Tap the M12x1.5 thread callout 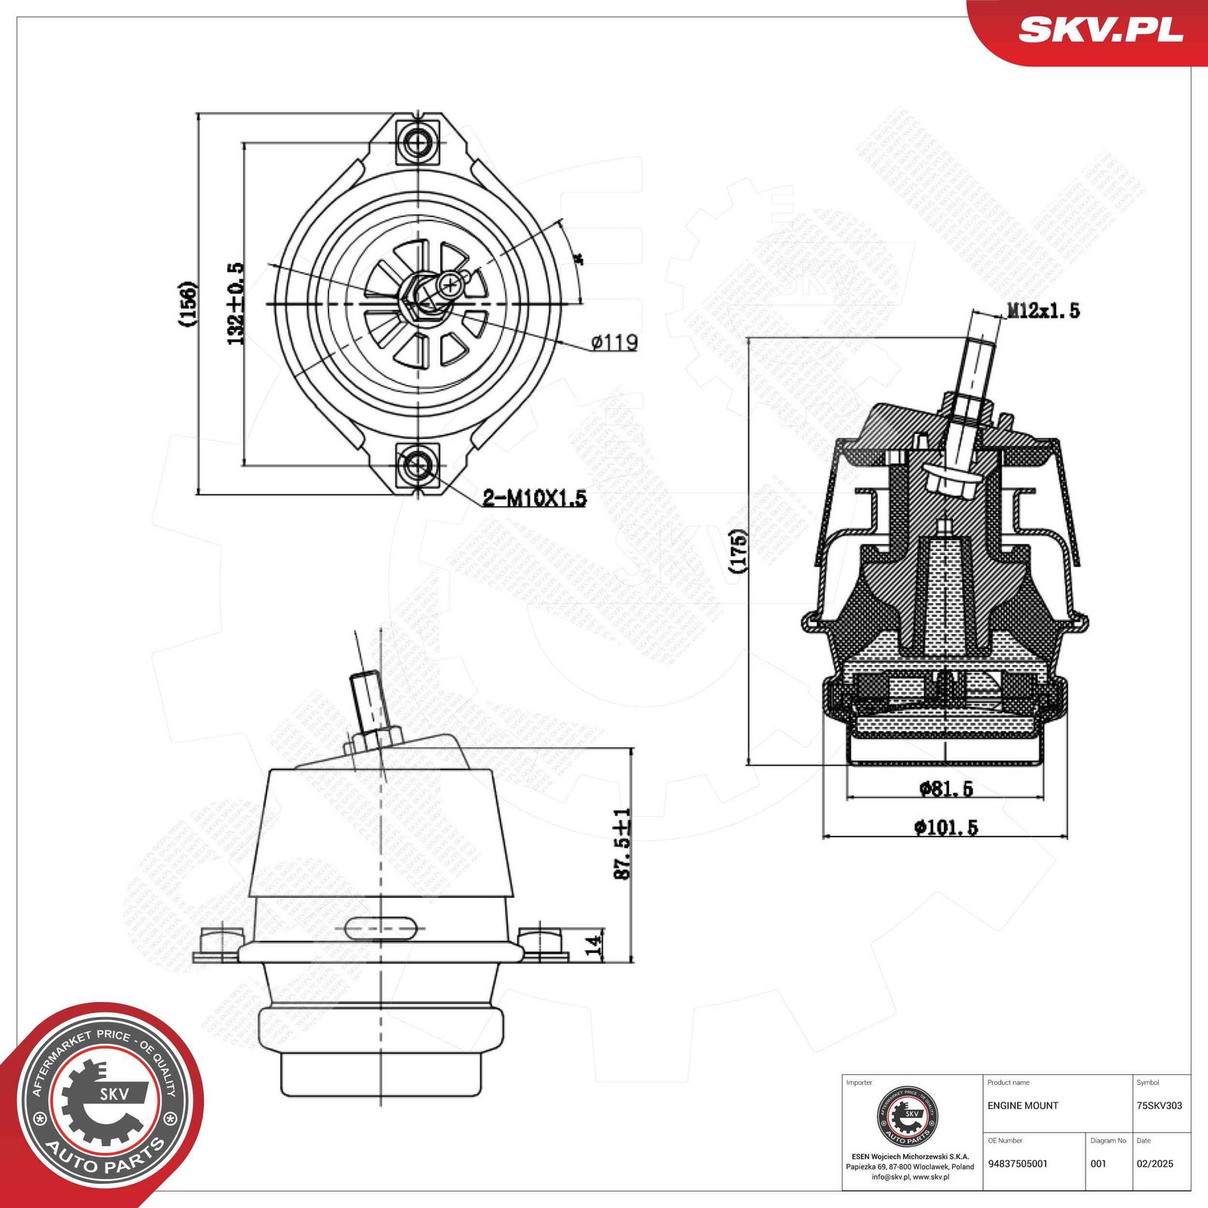1042,310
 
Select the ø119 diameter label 615,343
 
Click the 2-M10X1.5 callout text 535,498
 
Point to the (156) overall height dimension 187,304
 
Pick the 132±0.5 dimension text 236,304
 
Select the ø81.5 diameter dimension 946,789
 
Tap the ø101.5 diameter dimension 946,827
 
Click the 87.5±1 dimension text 622,844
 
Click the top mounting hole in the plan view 417,140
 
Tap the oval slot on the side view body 382,927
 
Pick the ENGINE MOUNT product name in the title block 1022,1105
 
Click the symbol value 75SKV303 1159,1105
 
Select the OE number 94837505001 1017,1163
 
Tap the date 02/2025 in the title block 1154,1163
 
